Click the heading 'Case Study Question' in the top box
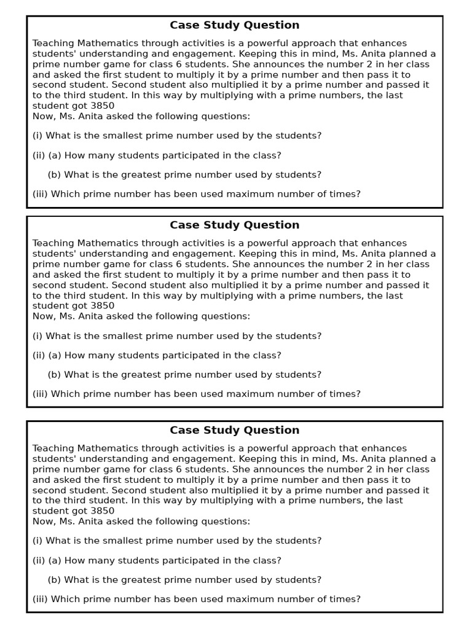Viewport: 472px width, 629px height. [234, 25]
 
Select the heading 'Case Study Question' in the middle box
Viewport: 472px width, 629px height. [234, 225]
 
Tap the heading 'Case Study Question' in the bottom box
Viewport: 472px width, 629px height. [234, 430]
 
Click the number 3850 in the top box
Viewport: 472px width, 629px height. [102, 106]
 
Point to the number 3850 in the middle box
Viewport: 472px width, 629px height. [102, 306]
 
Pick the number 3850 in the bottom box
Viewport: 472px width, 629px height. [102, 511]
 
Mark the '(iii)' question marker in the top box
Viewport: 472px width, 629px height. [40, 194]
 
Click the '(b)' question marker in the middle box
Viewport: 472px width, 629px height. [54, 375]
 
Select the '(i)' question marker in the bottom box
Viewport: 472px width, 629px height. [37, 541]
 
